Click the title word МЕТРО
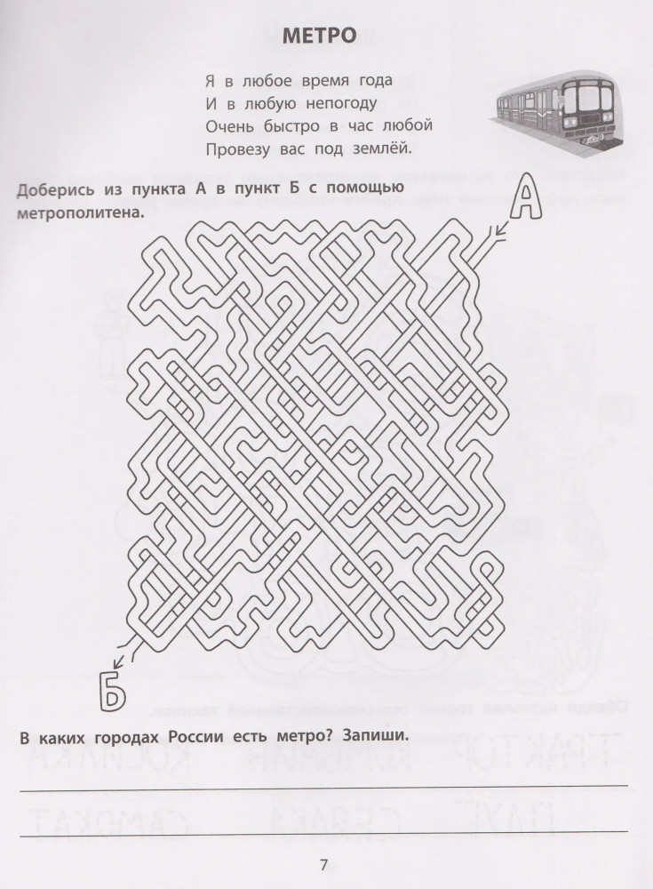pyautogui.click(x=320, y=36)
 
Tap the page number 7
pyautogui.click(x=323, y=865)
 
